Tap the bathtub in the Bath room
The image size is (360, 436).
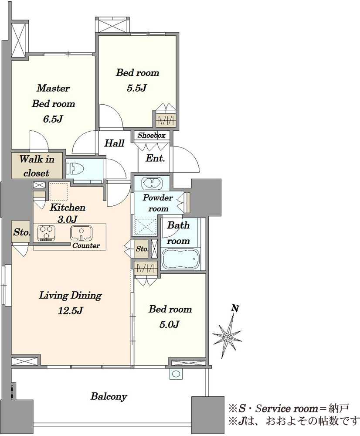tap(181, 259)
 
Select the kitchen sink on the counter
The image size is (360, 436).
tap(81, 233)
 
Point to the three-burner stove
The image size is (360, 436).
tap(46, 233)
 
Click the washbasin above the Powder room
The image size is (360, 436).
tap(152, 183)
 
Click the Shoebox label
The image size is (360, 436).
tap(152, 136)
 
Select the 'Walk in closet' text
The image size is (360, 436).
tap(37, 166)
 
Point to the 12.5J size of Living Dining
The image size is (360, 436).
tap(70, 310)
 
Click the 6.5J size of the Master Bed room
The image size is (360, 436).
tap(53, 119)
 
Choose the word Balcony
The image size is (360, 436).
tap(109, 396)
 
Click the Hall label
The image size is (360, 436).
tap(114, 143)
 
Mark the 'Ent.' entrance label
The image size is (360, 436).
tap(156, 158)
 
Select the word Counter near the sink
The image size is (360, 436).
tap(86, 245)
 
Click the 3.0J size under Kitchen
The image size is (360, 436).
tap(67, 219)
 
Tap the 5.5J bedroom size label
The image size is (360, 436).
tap(137, 88)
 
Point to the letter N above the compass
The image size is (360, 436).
tap(235, 308)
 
